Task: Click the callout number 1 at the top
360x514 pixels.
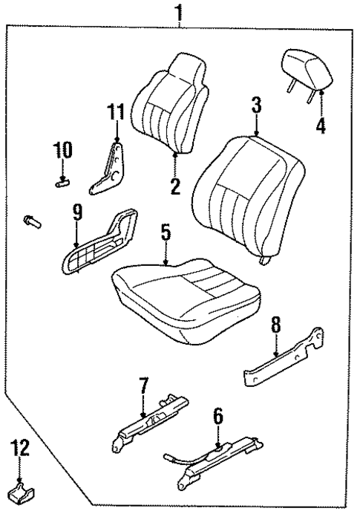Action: (179, 13)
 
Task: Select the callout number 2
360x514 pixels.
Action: (175, 186)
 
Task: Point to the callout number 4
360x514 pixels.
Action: (321, 125)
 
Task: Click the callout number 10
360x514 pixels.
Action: (62, 150)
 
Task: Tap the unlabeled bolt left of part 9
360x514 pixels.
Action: (32, 221)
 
